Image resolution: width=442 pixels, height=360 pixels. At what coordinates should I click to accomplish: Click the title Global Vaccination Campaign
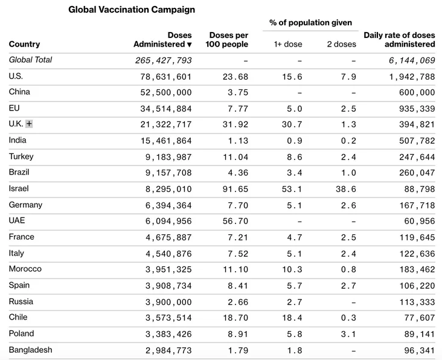coord(132,10)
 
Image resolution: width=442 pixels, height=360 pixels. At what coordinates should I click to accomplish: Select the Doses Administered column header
coord(162,40)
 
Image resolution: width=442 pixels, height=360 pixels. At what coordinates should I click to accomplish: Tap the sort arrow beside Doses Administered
coord(190,45)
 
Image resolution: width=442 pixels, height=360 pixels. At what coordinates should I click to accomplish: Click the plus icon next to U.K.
coord(29,124)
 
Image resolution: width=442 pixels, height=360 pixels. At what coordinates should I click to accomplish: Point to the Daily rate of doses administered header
coord(399,40)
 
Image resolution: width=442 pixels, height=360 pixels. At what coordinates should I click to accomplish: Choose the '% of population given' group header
coord(310,22)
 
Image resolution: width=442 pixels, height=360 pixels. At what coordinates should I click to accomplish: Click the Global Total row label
coord(30,60)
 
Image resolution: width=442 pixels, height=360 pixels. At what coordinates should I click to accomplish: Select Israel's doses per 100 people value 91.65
coord(235,189)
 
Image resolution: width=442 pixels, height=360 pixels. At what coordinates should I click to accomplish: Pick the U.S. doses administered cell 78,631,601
coord(166,77)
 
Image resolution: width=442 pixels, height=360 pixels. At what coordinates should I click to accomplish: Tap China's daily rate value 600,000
coord(417,92)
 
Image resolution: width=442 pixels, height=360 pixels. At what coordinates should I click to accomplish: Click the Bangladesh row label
coord(30,350)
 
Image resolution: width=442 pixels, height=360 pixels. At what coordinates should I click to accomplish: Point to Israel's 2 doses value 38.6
coord(346,189)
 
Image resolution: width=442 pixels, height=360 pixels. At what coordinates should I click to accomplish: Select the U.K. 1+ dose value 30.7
coord(292,124)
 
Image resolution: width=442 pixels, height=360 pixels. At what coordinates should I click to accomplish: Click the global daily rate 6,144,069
coord(412,60)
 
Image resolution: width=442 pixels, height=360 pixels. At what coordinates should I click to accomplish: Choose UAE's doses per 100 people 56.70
coord(235,221)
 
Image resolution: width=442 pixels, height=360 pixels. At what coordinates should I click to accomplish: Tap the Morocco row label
coord(25,269)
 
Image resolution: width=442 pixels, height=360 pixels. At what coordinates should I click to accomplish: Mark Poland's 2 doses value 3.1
coord(348,334)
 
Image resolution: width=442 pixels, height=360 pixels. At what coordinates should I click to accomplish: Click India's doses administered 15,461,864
coord(166,141)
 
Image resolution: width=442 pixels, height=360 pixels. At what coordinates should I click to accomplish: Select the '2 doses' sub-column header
coord(341,44)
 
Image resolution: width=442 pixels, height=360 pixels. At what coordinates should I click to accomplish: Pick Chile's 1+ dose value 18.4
coord(292,318)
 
